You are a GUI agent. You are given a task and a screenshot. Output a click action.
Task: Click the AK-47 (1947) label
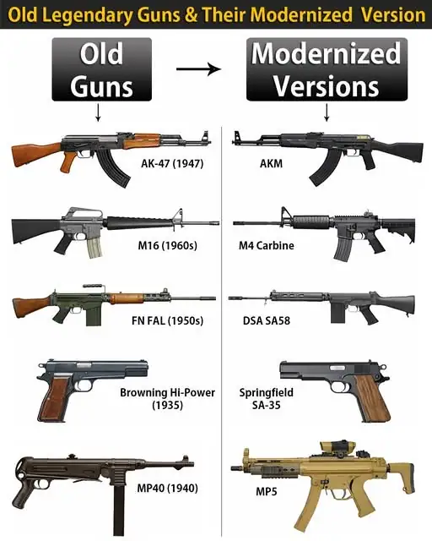point(172,163)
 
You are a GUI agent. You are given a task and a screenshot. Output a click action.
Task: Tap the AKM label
point(271,163)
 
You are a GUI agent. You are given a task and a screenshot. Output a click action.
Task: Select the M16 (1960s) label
point(168,245)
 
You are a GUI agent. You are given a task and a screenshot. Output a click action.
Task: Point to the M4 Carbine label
point(267,245)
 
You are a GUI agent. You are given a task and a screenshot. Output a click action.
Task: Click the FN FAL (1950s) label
point(167,320)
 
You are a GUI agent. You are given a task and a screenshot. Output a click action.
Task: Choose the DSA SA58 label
point(267,320)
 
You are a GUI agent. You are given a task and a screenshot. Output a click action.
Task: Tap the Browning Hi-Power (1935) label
point(167,398)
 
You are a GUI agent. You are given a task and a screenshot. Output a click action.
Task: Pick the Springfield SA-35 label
point(267,398)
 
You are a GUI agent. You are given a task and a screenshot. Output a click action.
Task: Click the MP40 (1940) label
point(167,488)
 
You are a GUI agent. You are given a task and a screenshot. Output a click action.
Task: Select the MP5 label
point(267,491)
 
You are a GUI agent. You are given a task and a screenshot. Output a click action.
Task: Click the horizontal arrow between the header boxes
point(199,69)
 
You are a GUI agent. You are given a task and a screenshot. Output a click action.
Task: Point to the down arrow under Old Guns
point(98,112)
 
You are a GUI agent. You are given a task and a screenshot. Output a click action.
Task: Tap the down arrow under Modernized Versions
point(327,112)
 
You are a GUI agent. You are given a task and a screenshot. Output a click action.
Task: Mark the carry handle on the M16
point(84,213)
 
